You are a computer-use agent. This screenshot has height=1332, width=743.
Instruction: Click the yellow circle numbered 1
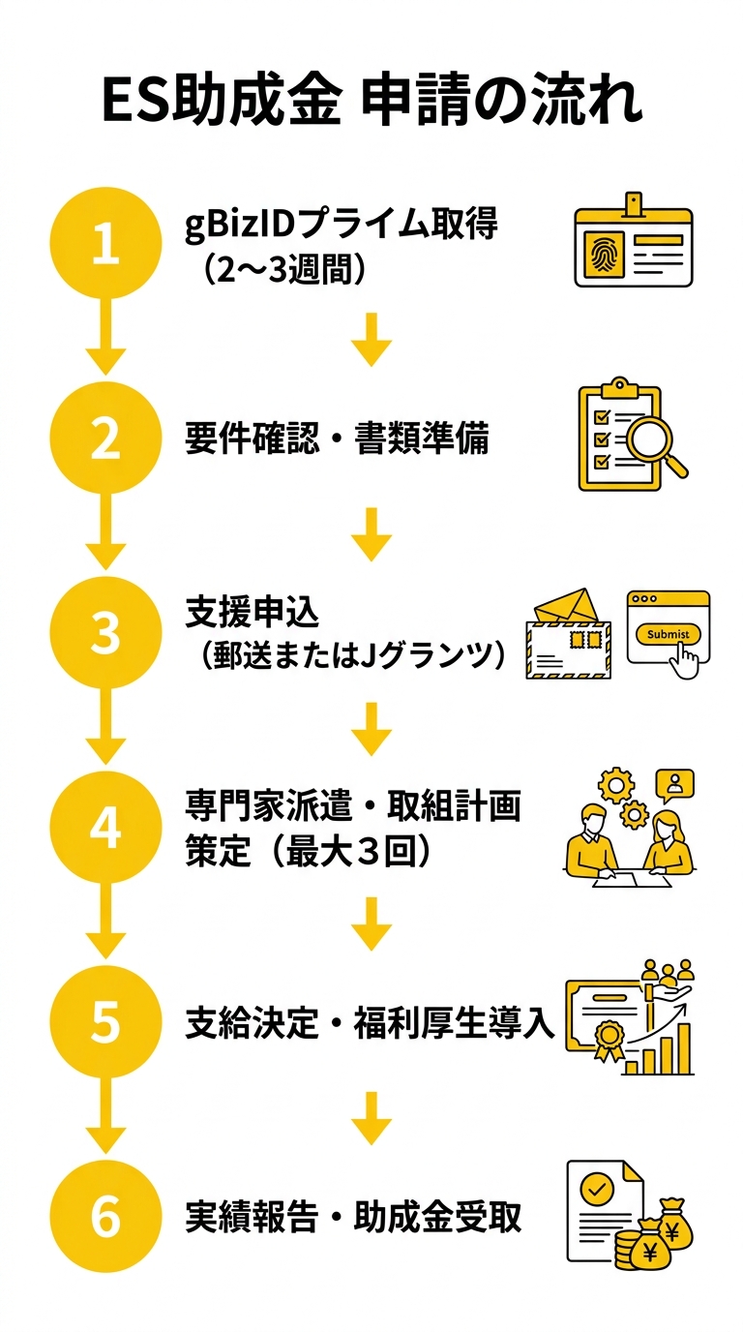[104, 243]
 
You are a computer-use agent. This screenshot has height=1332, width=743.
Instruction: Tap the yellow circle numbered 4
[104, 829]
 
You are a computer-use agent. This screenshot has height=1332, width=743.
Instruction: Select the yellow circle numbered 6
[104, 1218]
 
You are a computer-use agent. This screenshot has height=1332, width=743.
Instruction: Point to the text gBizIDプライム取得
[341, 224]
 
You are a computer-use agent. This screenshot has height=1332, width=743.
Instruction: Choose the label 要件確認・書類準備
[337, 439]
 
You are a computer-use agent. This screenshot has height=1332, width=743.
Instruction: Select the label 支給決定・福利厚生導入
[370, 1024]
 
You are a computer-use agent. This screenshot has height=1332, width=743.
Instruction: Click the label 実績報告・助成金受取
[353, 1218]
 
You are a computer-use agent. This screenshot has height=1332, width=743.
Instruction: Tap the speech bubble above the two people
[674, 782]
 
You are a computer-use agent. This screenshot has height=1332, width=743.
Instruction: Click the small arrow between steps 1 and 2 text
[371, 339]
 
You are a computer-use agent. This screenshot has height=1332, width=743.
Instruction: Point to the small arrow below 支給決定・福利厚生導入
[371, 1117]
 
